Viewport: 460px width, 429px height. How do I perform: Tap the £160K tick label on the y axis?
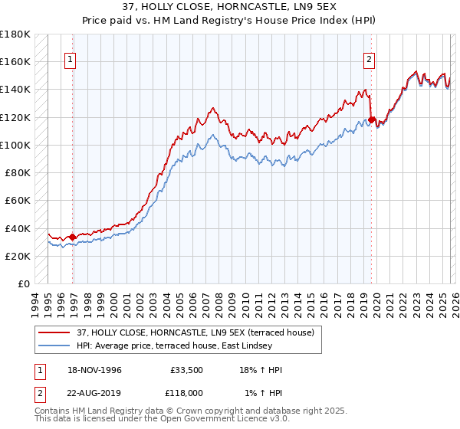15,61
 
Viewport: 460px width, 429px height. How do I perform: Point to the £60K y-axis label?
18,200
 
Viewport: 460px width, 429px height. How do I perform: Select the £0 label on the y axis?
25,283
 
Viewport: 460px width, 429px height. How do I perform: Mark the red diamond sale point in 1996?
73,237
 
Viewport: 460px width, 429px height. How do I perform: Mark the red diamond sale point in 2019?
371,120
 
